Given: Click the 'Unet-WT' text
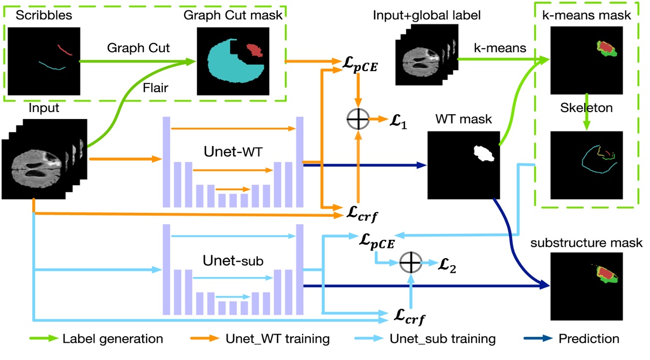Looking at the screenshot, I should [233, 153].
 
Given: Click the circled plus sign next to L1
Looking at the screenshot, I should [357, 119].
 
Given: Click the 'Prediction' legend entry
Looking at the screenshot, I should [588, 339].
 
